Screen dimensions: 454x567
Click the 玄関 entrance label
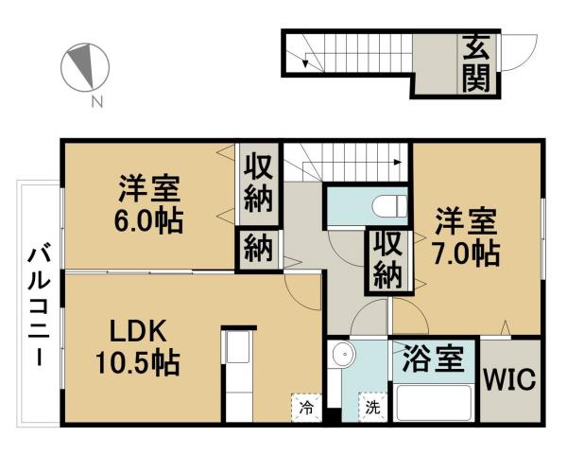(475, 62)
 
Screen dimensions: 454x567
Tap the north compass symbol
(82, 66)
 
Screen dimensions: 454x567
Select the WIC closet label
(510, 381)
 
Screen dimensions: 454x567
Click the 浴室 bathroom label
(432, 360)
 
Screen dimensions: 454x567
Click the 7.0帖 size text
(467, 253)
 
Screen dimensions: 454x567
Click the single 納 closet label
(257, 250)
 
